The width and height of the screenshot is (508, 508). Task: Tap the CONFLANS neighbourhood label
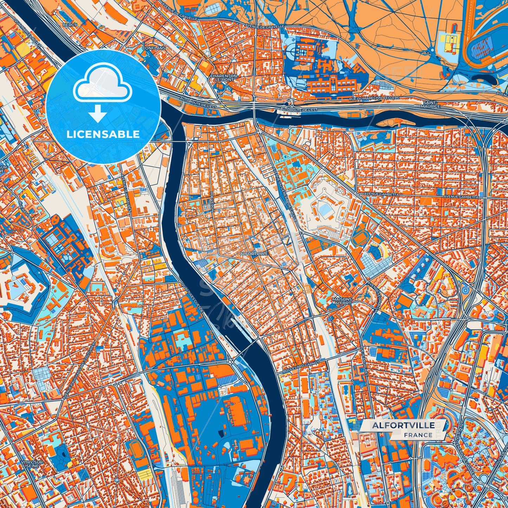(x=151, y=48)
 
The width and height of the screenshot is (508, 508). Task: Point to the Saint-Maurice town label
(x=430, y=104)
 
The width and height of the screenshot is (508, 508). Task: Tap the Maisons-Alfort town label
(x=342, y=301)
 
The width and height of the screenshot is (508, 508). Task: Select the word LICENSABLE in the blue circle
(x=103, y=134)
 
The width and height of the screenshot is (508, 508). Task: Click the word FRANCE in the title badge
(x=418, y=435)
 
